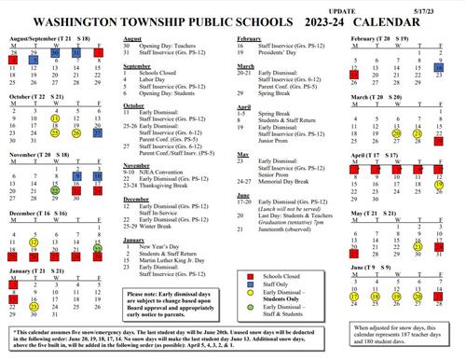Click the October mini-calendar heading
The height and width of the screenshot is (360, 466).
tap(37, 97)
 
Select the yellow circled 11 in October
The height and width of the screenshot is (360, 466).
tap(57, 119)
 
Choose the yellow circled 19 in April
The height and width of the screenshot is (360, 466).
tap(437, 187)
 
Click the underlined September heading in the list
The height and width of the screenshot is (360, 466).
tap(138, 67)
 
